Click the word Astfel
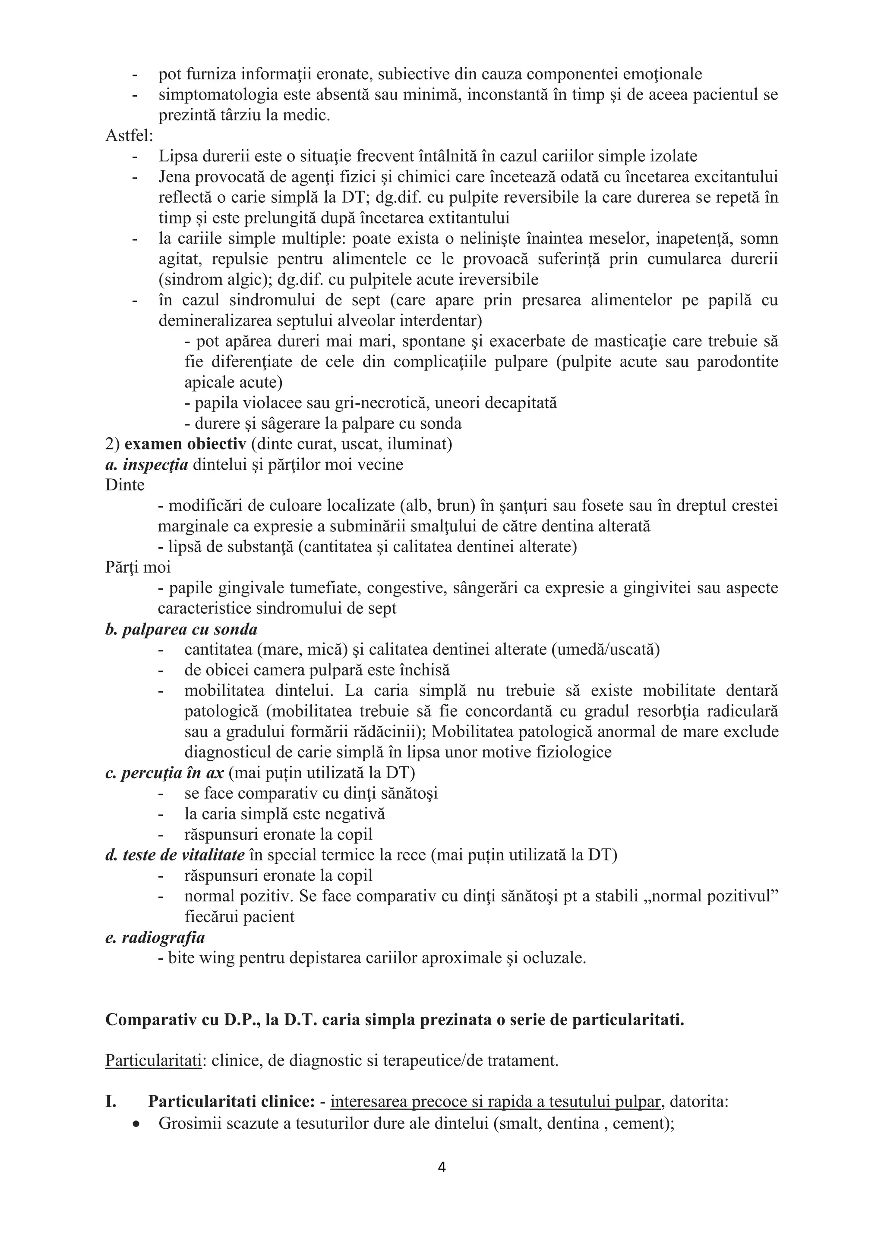(x=129, y=136)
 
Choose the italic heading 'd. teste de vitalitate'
(x=175, y=855)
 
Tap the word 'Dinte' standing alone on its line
(x=125, y=485)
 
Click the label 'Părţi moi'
(x=138, y=568)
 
